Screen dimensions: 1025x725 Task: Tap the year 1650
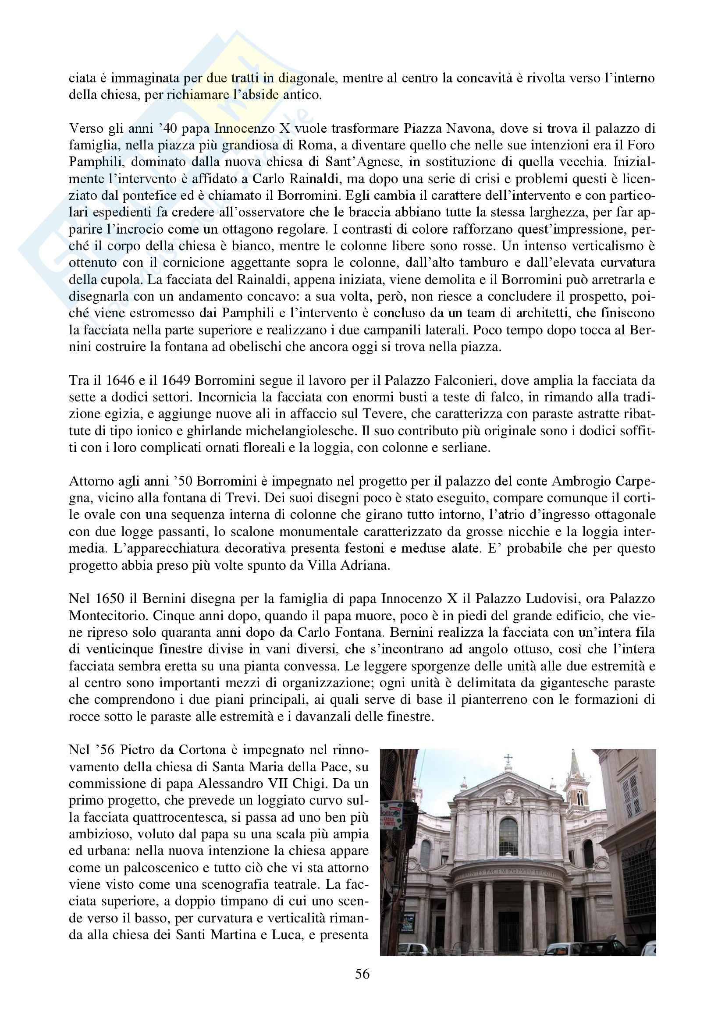(x=110, y=599)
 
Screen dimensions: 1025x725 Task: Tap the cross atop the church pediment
(x=508, y=759)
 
